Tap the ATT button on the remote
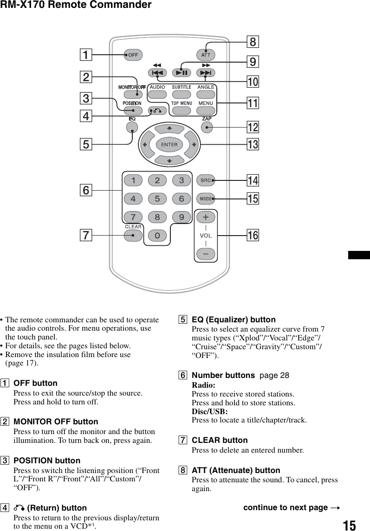click(206, 55)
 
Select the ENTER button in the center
click(169, 144)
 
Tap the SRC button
click(206, 180)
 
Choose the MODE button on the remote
click(206, 198)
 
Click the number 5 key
click(157, 199)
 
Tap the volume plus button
click(206, 217)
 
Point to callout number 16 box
click(253, 235)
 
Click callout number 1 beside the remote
click(85, 55)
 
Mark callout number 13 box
click(253, 145)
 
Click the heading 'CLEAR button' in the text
click(220, 440)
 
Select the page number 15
click(350, 525)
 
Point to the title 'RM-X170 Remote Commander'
click(76, 5)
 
